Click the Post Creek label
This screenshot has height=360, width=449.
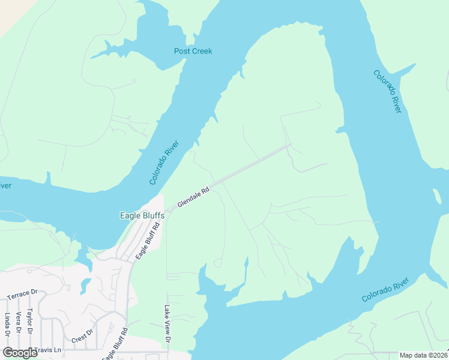(x=193, y=51)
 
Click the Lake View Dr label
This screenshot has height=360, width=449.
(x=168, y=324)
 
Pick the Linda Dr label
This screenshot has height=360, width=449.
(x=7, y=325)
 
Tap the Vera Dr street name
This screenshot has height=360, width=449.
(x=19, y=323)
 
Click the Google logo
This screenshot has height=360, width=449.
(x=20, y=352)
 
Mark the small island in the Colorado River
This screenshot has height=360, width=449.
(x=436, y=196)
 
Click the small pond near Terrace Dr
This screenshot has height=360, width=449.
(x=85, y=285)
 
